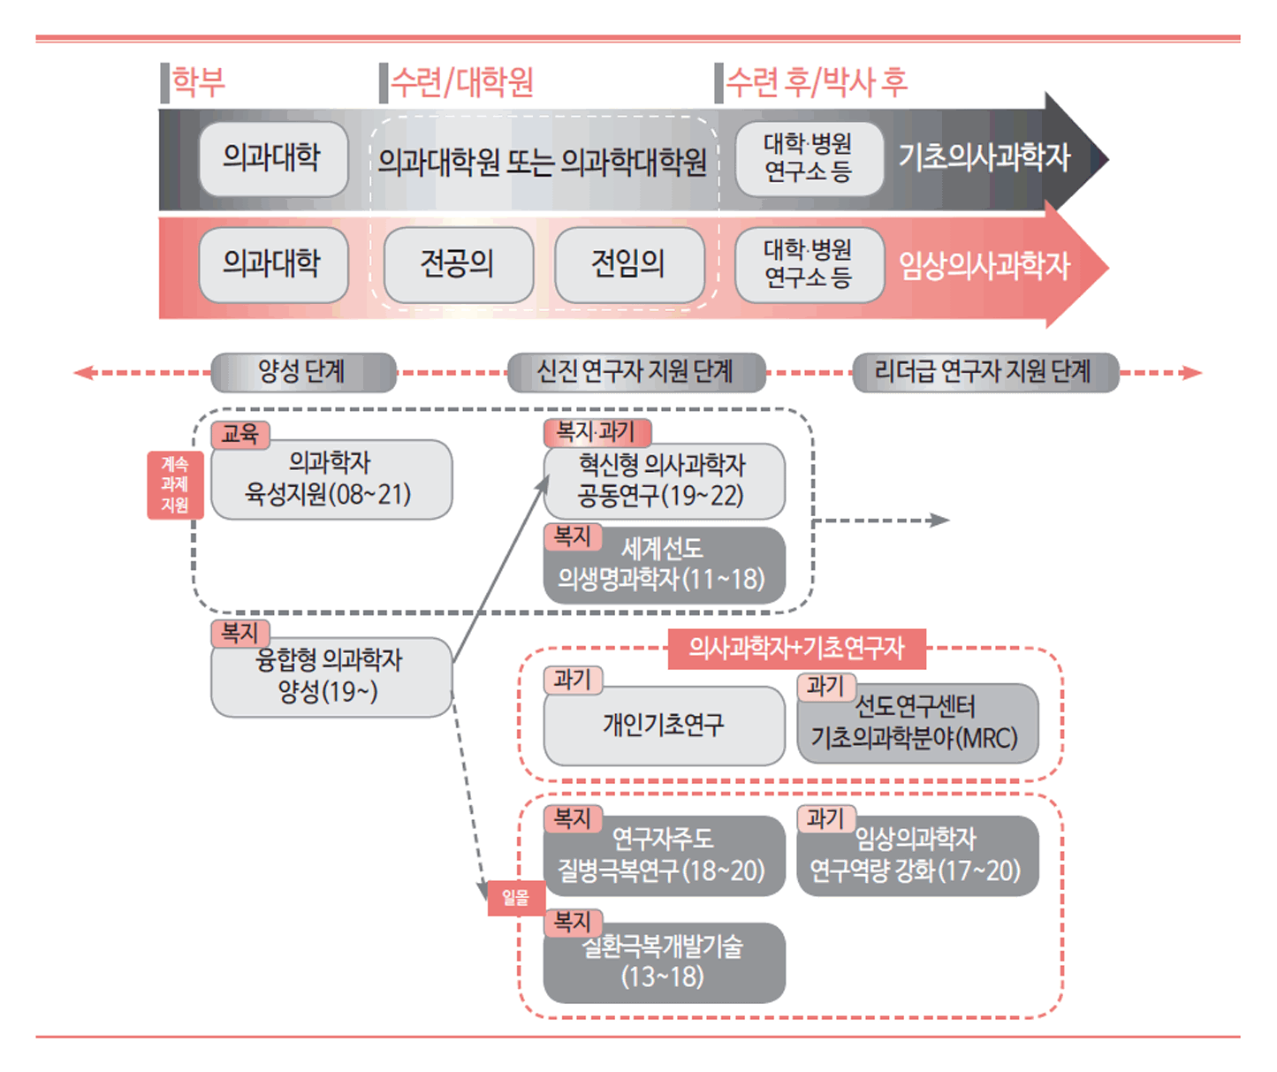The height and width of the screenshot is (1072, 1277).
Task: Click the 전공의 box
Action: pos(458,264)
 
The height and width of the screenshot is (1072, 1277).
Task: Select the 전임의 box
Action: pos(628,264)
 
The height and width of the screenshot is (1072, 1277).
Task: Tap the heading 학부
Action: pos(198,82)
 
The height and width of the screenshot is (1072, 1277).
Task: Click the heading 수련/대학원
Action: pos(461,82)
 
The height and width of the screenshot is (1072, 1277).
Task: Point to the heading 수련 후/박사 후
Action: pos(816,82)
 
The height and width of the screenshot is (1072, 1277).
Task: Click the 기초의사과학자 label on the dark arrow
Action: pos(984,157)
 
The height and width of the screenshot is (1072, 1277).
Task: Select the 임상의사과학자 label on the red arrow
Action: pos(984,264)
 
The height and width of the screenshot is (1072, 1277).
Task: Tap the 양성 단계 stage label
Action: pos(303,372)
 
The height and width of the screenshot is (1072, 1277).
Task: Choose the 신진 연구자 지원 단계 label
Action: pos(635,372)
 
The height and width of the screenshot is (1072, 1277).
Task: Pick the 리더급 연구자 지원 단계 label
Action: pos(984,372)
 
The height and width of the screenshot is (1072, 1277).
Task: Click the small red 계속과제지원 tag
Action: pos(175,484)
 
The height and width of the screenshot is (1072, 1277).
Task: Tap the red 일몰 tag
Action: pos(515,898)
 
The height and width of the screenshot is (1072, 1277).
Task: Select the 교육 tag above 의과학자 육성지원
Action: pos(239,434)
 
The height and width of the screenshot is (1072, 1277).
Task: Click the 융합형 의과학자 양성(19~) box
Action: pos(331,677)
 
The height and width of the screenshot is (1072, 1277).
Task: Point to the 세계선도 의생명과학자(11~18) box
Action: pos(664,566)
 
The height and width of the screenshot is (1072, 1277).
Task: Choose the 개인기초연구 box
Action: pos(664,725)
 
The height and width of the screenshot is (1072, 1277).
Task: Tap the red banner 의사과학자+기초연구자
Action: pos(796,649)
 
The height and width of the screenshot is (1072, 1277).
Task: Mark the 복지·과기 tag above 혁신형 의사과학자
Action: pos(597,432)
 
